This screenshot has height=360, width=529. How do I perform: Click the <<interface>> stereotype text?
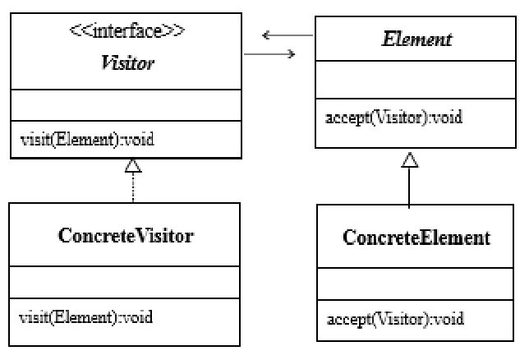pyautogui.click(x=126, y=35)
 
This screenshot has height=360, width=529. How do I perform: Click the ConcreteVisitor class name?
pyautogui.click(x=126, y=236)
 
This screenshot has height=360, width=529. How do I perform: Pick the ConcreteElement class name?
pyautogui.click(x=416, y=238)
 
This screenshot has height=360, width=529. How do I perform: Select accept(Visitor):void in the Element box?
pyautogui.click(x=393, y=117)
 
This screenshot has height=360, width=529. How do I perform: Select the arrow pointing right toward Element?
pyautogui.click(x=271, y=54)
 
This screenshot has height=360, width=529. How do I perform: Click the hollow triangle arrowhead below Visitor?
pyautogui.click(x=132, y=166)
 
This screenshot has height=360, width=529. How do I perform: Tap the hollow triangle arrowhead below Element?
pyautogui.click(x=408, y=159)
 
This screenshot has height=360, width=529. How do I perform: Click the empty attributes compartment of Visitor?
pyautogui.click(x=126, y=106)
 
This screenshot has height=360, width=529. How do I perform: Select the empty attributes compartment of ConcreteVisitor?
pyautogui.click(x=126, y=284)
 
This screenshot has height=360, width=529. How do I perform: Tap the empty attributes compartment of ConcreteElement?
pyautogui.click(x=416, y=285)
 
